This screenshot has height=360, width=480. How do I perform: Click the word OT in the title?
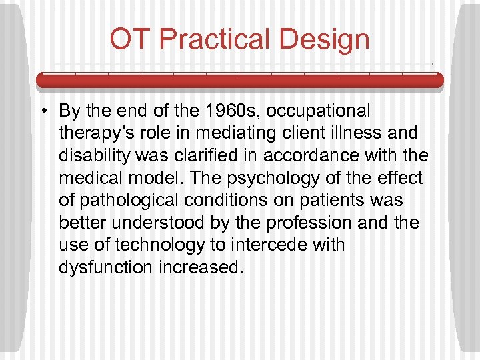click(x=131, y=39)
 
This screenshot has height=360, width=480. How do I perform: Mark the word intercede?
click(x=265, y=245)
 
